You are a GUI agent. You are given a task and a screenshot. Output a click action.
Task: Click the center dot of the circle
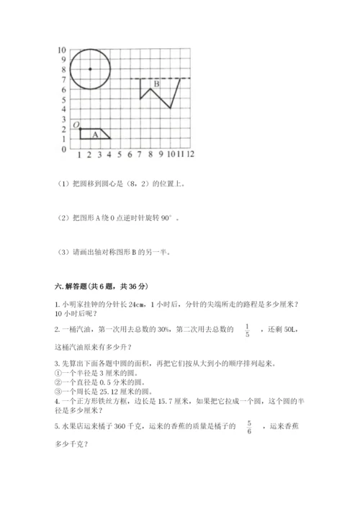click(x=90, y=69)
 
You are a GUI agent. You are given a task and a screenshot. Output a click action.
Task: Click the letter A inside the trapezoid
click(x=95, y=134)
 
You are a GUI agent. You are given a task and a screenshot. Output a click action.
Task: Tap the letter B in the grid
click(x=156, y=85)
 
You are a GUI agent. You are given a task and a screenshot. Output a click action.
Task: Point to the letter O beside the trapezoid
click(x=76, y=125)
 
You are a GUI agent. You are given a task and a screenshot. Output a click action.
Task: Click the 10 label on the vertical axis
click(x=62, y=50)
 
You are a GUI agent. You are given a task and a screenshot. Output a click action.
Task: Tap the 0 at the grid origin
click(x=64, y=150)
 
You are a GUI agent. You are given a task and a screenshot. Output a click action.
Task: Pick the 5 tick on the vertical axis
click(x=64, y=99)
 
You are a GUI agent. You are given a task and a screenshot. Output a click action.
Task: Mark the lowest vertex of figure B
click(x=170, y=108)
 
